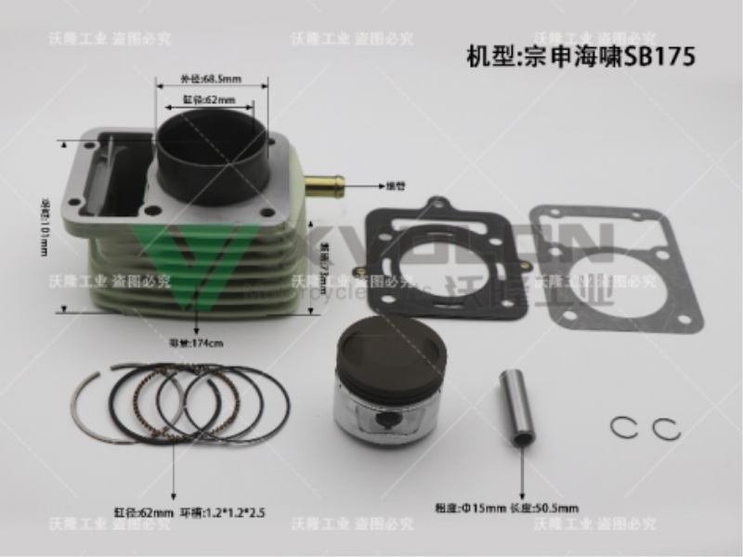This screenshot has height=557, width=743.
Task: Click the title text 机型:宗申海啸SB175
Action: [x=580, y=55]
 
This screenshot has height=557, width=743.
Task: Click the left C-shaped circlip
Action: [x=625, y=428]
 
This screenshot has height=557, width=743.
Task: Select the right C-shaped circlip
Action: [x=666, y=430]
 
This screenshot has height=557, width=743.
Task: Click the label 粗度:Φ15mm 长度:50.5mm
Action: [x=506, y=507]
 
